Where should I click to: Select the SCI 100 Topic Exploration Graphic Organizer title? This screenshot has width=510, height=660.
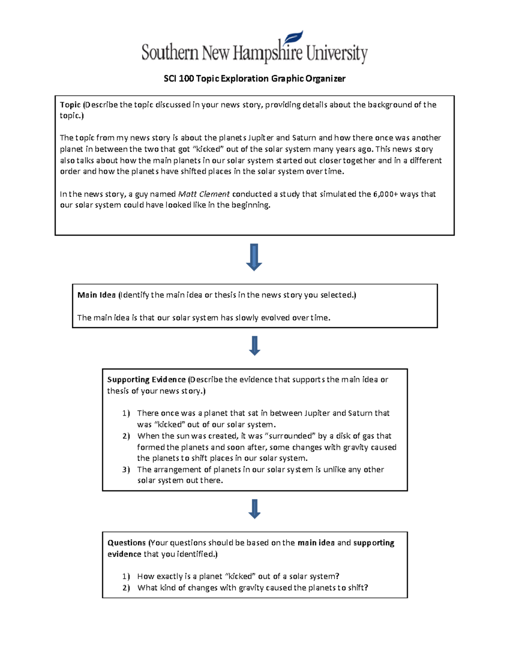pyautogui.click(x=255, y=79)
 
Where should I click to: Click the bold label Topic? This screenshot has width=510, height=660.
pyautogui.click(x=70, y=105)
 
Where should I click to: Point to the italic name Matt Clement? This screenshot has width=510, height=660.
pyautogui.click(x=204, y=194)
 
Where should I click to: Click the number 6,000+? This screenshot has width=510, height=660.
pyautogui.click(x=385, y=194)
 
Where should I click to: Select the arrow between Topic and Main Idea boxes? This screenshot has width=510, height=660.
pyautogui.click(x=254, y=257)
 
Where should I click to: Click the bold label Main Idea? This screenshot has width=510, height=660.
pyautogui.click(x=96, y=295)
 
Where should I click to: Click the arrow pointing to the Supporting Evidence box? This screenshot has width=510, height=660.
pyautogui.click(x=255, y=346)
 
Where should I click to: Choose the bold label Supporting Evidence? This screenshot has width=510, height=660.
pyautogui.click(x=146, y=380)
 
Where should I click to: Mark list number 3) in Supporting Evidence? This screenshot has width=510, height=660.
pyautogui.click(x=126, y=470)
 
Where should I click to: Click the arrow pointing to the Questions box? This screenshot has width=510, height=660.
pyautogui.click(x=255, y=509)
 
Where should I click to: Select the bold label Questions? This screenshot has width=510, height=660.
pyautogui.click(x=126, y=543)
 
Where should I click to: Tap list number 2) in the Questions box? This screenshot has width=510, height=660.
pyautogui.click(x=126, y=588)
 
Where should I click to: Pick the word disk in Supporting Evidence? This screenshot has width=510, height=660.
pyautogui.click(x=344, y=436)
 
